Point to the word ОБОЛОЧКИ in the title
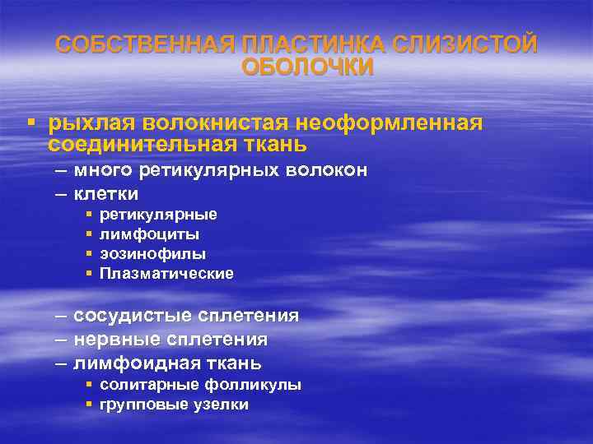(307, 67)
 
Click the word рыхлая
(92, 123)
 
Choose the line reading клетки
(105, 195)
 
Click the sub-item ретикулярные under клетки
(158, 215)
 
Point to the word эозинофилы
(152, 254)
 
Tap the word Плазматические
(166, 274)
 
